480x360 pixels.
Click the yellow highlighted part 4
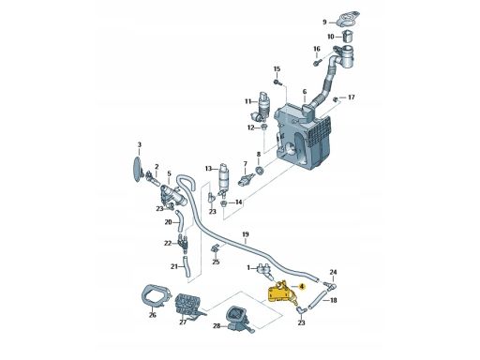click(280, 293)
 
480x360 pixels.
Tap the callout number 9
click(324, 22)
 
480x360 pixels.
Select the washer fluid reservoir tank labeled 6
click(303, 138)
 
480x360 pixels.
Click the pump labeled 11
click(262, 107)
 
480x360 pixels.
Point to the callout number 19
click(246, 234)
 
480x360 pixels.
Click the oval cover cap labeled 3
click(138, 169)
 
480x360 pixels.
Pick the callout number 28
click(217, 326)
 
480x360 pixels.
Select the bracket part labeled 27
click(188, 306)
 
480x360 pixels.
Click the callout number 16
click(317, 49)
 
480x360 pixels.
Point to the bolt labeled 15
click(278, 82)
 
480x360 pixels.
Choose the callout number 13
click(208, 169)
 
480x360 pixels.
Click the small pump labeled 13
click(224, 181)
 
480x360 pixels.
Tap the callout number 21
click(174, 266)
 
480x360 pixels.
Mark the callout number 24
click(333, 272)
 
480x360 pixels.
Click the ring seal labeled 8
click(259, 171)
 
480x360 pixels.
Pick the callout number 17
click(352, 97)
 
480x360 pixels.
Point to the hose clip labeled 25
click(216, 249)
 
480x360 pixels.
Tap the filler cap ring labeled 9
click(348, 19)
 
